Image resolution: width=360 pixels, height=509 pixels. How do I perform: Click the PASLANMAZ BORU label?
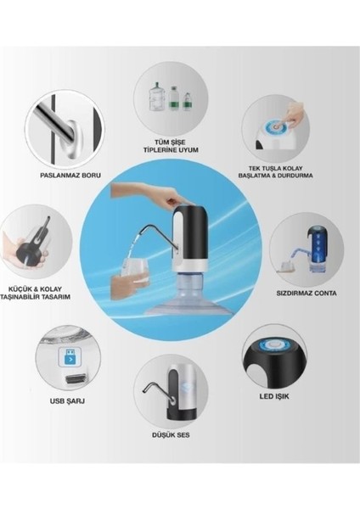pyautogui.click(x=70, y=176)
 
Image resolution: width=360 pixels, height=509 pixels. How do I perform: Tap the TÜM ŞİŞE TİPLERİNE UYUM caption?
pyautogui.click(x=171, y=146)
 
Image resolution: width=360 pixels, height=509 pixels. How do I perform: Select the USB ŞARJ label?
pyautogui.click(x=67, y=401)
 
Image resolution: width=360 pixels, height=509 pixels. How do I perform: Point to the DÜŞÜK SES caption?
pyautogui.click(x=171, y=435)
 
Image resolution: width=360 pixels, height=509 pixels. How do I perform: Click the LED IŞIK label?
pyautogui.click(x=274, y=396)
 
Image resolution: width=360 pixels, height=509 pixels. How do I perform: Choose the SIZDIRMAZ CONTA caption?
pyautogui.click(x=307, y=294)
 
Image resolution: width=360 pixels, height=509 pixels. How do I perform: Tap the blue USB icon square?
pyautogui.click(x=70, y=357)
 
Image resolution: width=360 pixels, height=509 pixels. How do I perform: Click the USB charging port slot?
pyautogui.click(x=76, y=378)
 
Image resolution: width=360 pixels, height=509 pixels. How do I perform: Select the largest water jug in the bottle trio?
pyautogui.click(x=157, y=97)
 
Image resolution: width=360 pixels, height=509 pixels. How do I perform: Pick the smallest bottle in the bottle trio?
pyautogui.click(x=187, y=101)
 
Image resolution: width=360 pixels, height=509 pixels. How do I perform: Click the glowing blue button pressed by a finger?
pyautogui.click(x=276, y=127)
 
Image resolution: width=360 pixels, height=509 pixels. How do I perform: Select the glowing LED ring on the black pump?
pyautogui.click(x=273, y=344)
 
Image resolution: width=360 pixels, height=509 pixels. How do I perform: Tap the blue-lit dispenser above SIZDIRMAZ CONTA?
pyautogui.click(x=316, y=249)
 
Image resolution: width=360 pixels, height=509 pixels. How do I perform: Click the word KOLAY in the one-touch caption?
pyautogui.click(x=293, y=168)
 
